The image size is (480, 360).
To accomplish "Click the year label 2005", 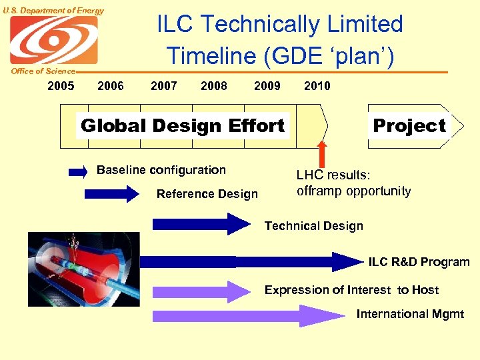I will tap(61, 85).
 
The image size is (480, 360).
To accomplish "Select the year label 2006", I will tap(110, 85).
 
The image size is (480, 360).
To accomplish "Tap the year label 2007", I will tap(164, 85).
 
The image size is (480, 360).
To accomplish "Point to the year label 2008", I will tap(213, 85).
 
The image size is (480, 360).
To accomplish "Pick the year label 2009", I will tap(267, 85).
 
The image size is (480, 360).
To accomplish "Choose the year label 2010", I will tap(317, 85).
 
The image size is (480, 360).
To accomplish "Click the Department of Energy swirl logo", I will tap(53, 40).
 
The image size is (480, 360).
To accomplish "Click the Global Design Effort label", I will tap(182, 125).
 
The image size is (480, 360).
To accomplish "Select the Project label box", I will tap(409, 125).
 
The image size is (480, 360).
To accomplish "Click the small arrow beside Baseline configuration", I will tap(78, 172).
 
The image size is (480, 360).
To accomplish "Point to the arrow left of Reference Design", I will tap(111, 194).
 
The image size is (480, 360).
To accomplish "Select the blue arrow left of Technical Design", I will tap(200, 224).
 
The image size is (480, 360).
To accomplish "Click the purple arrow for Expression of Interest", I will tap(200, 291).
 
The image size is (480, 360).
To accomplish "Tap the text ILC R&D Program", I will tap(419, 262).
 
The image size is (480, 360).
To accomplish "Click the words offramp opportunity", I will tap(353, 191).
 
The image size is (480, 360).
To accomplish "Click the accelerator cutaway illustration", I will tap(83, 269).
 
